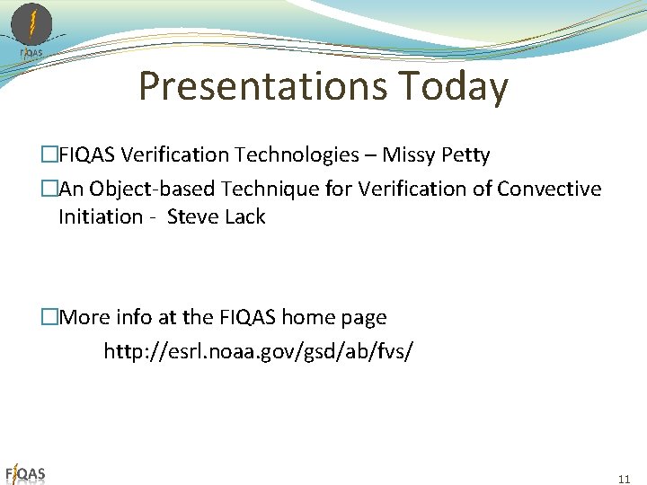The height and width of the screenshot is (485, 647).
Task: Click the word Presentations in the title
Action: pyautogui.click(x=261, y=87)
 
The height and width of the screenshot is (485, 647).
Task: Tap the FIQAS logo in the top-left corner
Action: pyautogui.click(x=31, y=29)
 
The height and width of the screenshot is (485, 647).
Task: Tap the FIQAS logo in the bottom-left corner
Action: pyautogui.click(x=25, y=473)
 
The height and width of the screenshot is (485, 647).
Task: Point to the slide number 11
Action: pyautogui.click(x=625, y=479)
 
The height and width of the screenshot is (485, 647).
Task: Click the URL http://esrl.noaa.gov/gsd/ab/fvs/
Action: pyautogui.click(x=259, y=351)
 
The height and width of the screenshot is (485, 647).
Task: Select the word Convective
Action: pyautogui.click(x=549, y=189)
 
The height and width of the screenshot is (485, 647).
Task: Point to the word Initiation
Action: pyautogui.click(x=101, y=217)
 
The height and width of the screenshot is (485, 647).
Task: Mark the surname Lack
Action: pyautogui.click(x=244, y=217)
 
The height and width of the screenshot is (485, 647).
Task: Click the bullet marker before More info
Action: pyautogui.click(x=50, y=317)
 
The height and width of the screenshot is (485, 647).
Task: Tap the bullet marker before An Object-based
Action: pyautogui.click(x=50, y=189)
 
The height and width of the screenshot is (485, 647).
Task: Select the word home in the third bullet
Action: pyautogui.click(x=306, y=317)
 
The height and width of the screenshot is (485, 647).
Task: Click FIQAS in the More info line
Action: pyautogui.click(x=246, y=317)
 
